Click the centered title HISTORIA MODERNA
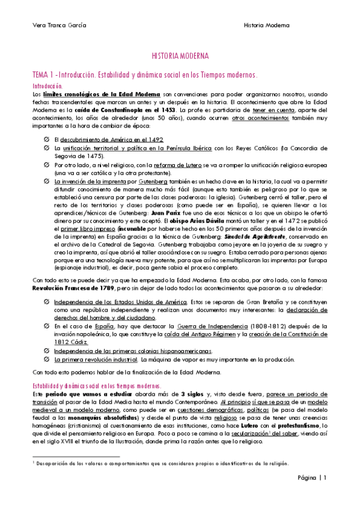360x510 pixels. click(x=180, y=56)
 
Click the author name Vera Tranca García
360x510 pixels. click(x=59, y=25)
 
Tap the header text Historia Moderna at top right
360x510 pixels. click(x=267, y=25)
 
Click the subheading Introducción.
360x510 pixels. click(x=47, y=86)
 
